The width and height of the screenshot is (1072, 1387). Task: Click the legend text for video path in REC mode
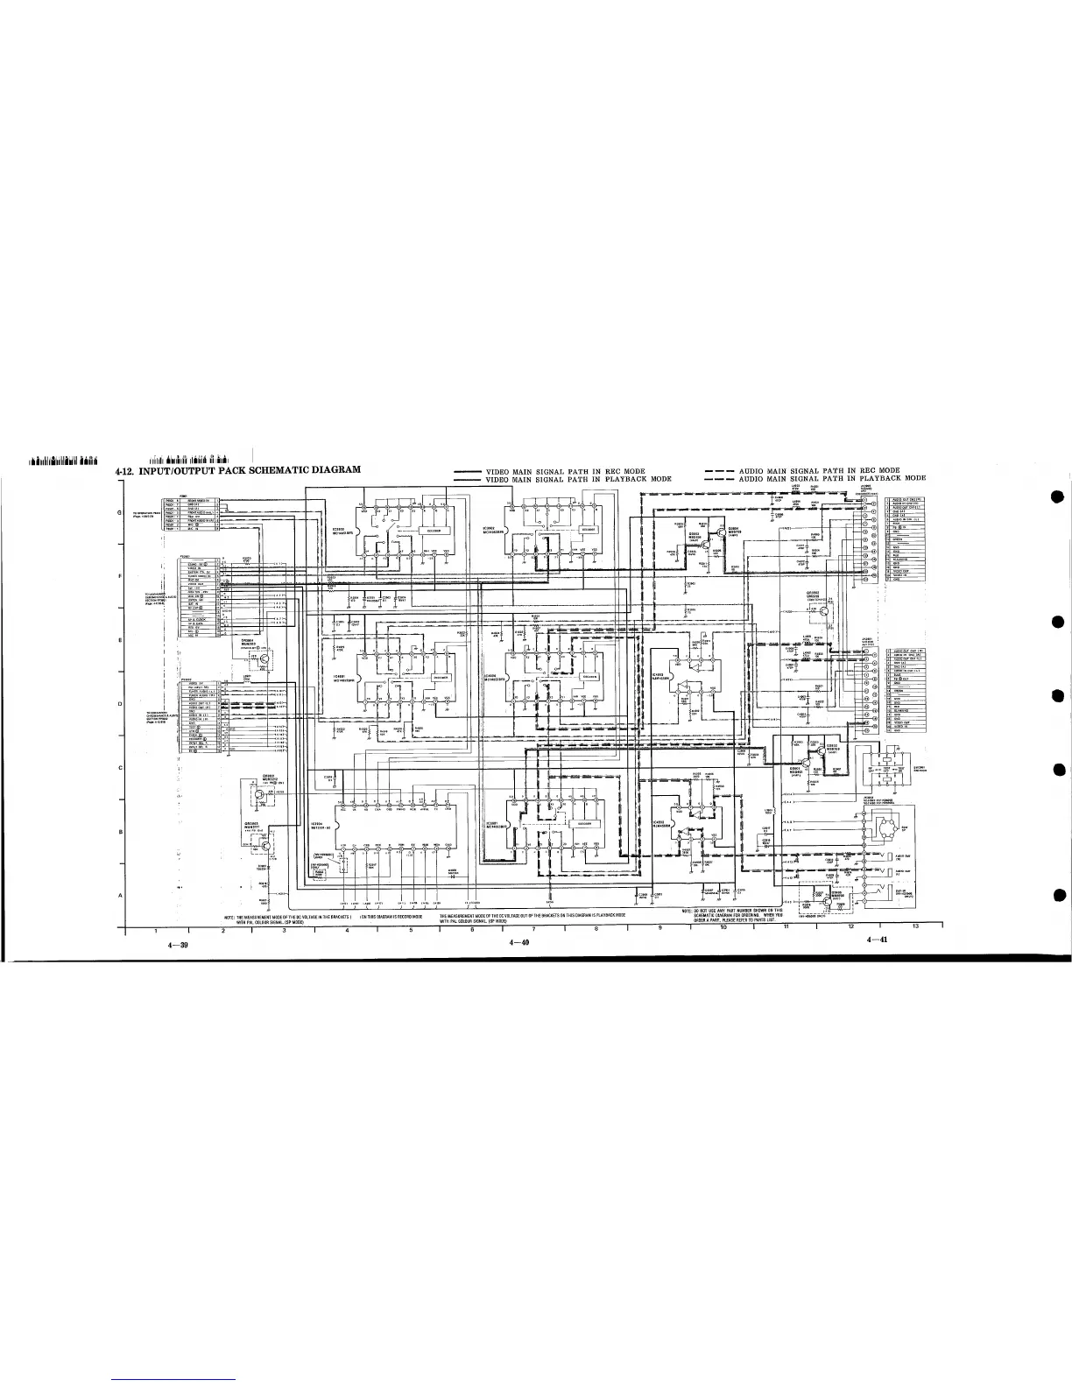566,471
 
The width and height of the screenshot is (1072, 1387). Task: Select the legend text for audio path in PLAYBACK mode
832,479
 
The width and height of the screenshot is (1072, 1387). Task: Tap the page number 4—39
179,947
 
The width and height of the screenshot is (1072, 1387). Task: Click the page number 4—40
520,942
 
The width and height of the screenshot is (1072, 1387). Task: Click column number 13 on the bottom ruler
915,926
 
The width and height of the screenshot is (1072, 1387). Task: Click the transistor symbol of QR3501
259,795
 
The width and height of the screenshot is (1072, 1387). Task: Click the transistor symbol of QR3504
260,658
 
